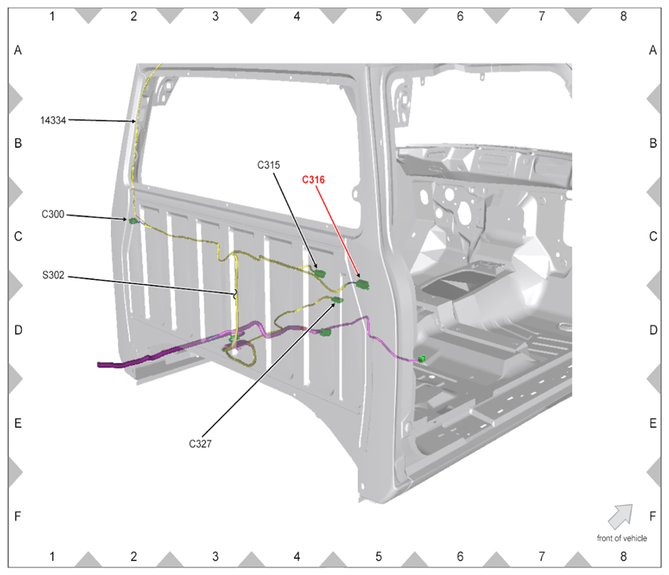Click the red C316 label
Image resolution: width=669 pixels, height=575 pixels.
(x=313, y=180)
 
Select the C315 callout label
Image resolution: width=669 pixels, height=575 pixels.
(x=269, y=165)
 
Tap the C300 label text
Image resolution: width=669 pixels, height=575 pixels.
(x=53, y=214)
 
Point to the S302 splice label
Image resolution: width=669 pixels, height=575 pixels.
(x=54, y=275)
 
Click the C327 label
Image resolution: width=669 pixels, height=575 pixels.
(x=200, y=444)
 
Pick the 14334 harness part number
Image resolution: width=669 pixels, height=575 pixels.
(x=53, y=121)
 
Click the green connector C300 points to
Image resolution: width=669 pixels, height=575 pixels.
(x=133, y=220)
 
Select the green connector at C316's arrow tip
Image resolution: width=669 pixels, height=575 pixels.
(x=363, y=284)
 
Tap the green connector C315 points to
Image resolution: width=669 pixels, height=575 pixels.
(x=320, y=273)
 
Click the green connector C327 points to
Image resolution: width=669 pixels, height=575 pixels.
(x=337, y=300)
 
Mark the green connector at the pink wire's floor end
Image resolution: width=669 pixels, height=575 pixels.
(x=422, y=359)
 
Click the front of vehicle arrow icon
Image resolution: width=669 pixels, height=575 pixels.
(x=621, y=516)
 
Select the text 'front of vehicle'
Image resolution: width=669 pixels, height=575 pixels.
(x=621, y=538)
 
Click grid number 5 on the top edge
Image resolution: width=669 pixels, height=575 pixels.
(x=379, y=16)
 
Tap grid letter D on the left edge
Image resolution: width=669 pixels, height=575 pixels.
(x=18, y=330)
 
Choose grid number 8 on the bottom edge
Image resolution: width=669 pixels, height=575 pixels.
(x=623, y=556)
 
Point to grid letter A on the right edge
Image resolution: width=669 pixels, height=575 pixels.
(x=653, y=51)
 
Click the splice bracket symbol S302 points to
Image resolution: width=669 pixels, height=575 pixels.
(x=235, y=294)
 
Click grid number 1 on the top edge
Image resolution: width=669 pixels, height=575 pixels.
(x=52, y=16)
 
